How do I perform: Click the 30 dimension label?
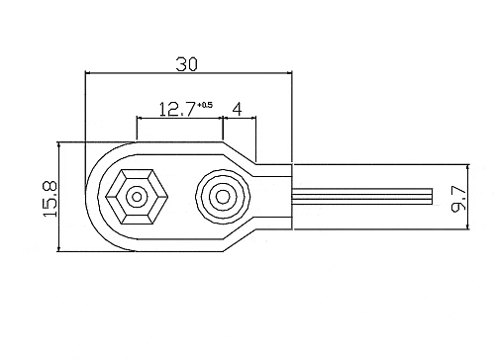click(186, 64)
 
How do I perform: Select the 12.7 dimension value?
click(177, 110)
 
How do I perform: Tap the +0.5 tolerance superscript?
click(205, 105)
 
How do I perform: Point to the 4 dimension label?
click(237, 109)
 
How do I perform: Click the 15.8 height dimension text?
click(50, 199)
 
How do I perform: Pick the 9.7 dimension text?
click(458, 199)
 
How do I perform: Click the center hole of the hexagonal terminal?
click(137, 197)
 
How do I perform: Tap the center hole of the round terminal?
click(223, 197)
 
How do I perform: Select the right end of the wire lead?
click(432, 197)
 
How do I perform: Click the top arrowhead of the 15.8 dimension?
click(59, 145)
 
